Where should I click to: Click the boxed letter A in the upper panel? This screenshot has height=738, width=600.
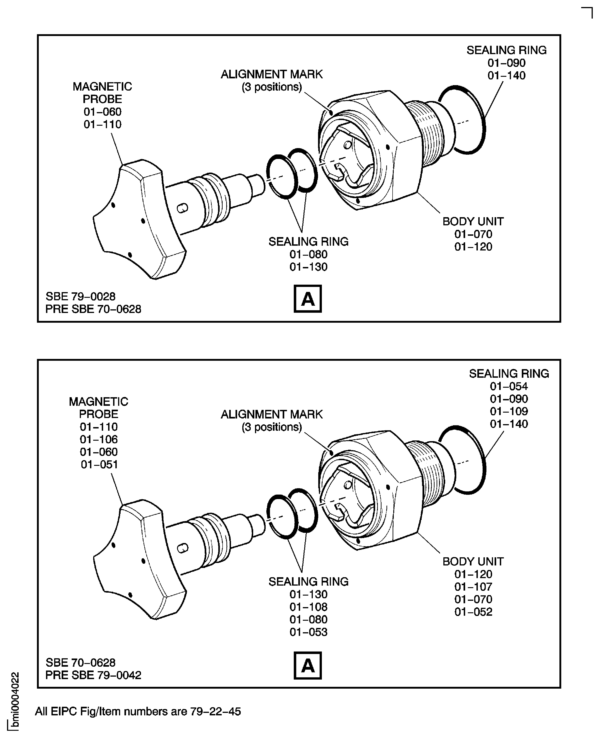(307, 299)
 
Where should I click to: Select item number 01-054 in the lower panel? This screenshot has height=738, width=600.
(509, 386)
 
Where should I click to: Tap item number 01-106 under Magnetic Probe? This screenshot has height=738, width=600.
(99, 439)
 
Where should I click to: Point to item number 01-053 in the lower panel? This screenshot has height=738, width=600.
(308, 632)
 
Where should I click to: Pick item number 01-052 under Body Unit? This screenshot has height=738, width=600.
(473, 612)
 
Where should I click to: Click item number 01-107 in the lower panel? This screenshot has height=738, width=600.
(473, 587)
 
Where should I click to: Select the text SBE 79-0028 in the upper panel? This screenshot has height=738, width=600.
(80, 296)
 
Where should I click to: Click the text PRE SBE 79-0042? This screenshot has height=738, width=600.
(93, 675)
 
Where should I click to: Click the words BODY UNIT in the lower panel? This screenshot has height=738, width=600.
(473, 562)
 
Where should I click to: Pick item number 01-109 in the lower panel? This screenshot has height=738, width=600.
(509, 411)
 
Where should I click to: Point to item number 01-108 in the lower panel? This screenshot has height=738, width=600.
(308, 607)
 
